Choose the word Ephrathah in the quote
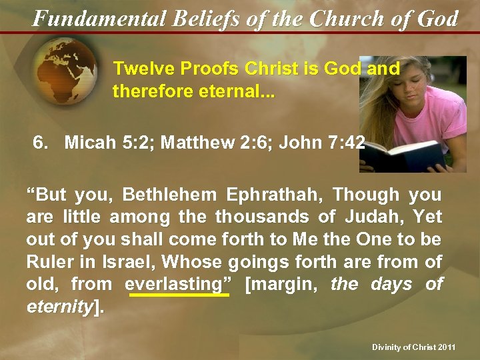click(x=274, y=195)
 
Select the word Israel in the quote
click(x=119, y=262)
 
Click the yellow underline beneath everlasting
click(x=179, y=295)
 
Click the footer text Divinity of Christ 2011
click(x=414, y=347)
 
